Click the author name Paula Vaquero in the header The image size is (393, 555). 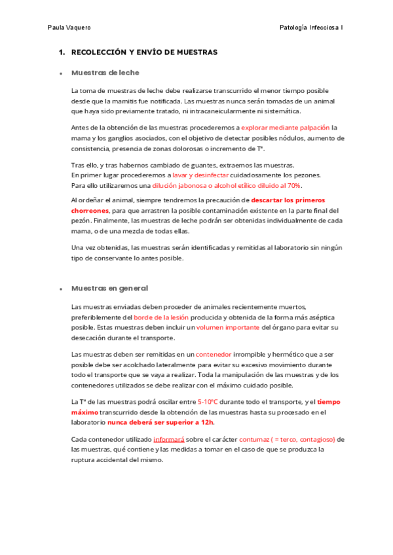pos(69,27)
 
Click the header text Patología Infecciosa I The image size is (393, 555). pos(311,27)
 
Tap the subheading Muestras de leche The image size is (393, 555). pos(105,73)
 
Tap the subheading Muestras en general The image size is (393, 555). pos(109,288)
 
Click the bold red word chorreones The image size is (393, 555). pos(90,211)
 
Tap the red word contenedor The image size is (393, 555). pos(214,354)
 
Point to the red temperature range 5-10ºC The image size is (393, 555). pos(208,402)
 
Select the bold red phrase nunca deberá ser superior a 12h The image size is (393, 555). pos(160,422)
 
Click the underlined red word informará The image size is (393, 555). pos(169,439)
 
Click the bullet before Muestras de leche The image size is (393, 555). pos(60,73)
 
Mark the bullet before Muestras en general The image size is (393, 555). pos(60,289)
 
